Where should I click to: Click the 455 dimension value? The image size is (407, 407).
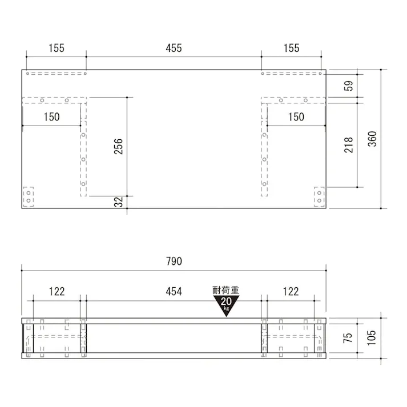point(174,49)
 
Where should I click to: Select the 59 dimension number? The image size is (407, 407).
point(349,86)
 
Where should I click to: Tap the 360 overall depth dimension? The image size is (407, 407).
point(372,139)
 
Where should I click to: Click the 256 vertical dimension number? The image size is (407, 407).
point(119,146)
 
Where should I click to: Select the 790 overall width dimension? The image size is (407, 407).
point(174,261)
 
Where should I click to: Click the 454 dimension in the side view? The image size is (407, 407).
point(174,292)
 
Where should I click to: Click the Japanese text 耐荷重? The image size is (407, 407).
point(226,291)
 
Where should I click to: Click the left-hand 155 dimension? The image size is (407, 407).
point(56,49)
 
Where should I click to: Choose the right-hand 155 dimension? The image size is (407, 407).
point(291,49)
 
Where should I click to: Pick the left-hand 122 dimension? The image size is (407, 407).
point(56,292)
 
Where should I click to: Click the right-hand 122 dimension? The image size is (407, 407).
point(291,292)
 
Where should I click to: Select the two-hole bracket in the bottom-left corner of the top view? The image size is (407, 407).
point(28,198)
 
